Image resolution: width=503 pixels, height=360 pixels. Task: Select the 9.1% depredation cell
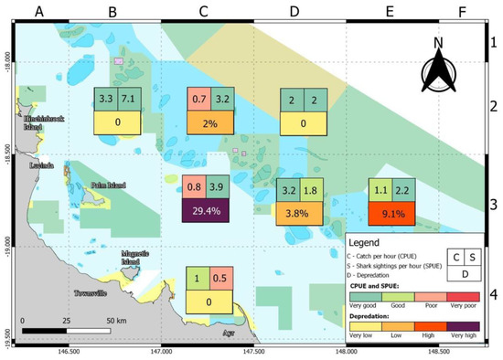pyautogui.click(x=393, y=213)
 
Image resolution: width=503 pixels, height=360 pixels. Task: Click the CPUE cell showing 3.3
pyautogui.click(x=105, y=99)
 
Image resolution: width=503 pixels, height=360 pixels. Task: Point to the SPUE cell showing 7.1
pyautogui.click(x=129, y=99)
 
